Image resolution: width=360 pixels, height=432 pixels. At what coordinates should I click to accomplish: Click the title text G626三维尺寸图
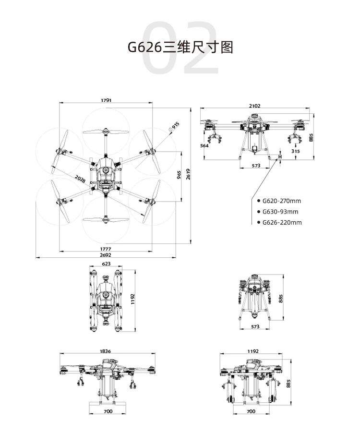click(180, 48)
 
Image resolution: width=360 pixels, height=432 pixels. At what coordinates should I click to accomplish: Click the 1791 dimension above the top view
click(106, 100)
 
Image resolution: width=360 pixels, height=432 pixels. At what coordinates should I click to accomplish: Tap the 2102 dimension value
click(255, 106)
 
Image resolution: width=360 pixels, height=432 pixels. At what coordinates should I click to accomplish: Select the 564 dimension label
click(205, 145)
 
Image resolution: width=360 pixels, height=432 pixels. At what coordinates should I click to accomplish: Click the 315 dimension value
click(295, 151)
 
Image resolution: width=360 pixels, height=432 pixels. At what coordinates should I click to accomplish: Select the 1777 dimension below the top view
click(106, 249)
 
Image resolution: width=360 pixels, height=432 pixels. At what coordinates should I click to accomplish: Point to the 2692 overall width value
click(106, 255)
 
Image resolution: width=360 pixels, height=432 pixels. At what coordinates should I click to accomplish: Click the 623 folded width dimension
click(106, 264)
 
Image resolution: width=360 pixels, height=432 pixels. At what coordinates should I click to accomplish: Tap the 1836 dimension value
click(106, 351)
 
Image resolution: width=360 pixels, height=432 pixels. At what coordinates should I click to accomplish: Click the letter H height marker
click(280, 156)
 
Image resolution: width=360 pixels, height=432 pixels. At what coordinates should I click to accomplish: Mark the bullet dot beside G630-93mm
click(259, 212)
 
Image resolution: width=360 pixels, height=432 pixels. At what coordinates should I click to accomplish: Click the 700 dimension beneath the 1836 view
click(108, 411)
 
